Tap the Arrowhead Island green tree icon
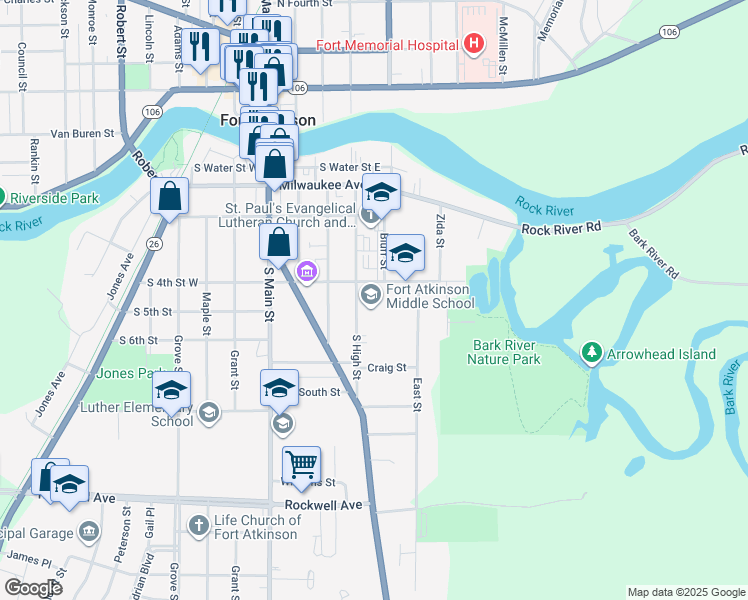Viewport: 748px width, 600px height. coord(592,353)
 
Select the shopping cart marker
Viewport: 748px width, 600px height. coord(301,465)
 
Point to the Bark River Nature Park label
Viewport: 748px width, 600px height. coord(506,352)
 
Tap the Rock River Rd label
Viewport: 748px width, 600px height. coord(562,229)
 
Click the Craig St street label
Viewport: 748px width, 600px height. coord(387,368)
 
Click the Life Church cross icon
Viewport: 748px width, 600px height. coord(199,524)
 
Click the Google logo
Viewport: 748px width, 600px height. coord(32,588)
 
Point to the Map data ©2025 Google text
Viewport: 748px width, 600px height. coord(685,592)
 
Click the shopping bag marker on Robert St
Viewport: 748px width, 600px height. coord(169,197)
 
